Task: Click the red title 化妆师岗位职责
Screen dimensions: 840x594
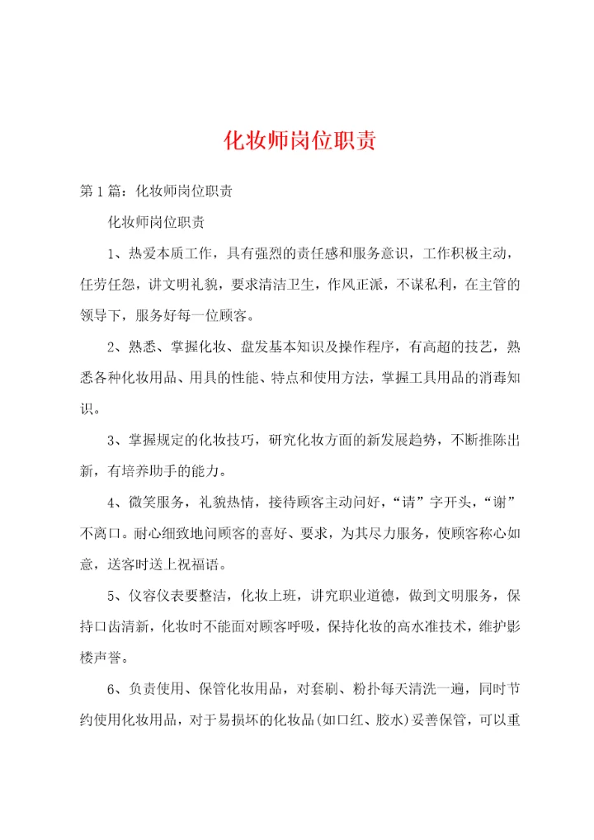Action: tap(300, 141)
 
